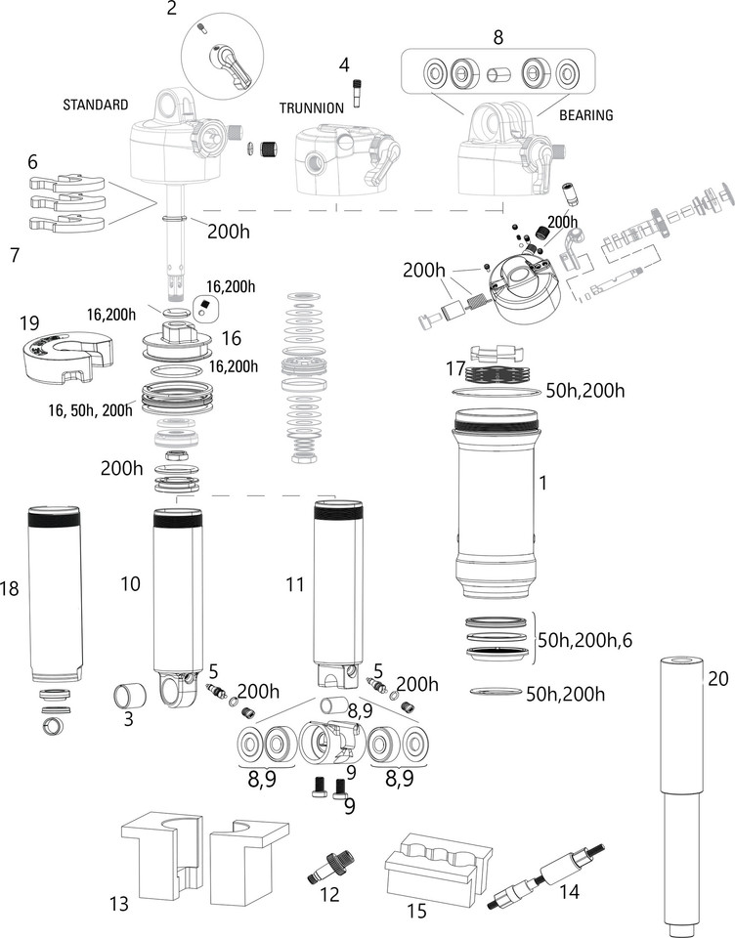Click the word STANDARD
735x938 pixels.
(96, 105)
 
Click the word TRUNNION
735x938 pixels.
(311, 108)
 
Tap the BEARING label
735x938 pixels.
(585, 115)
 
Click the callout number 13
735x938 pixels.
(117, 905)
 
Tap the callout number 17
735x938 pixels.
(451, 369)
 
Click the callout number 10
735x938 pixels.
(130, 584)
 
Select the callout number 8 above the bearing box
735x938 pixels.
(497, 37)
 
